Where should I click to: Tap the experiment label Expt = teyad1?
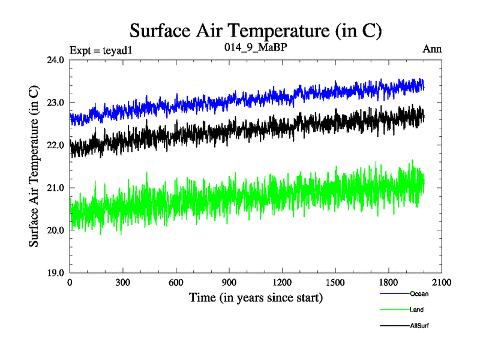[x=100, y=49]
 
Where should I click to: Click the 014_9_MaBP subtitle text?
[x=255, y=48]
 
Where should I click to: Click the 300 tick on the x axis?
[x=123, y=283]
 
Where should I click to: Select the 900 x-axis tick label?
[x=229, y=283]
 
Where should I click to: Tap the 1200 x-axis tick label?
[x=282, y=283]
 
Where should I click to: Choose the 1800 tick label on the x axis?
[x=388, y=283]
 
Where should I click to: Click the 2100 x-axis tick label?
[x=441, y=283]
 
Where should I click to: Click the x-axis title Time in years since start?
[x=256, y=297]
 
